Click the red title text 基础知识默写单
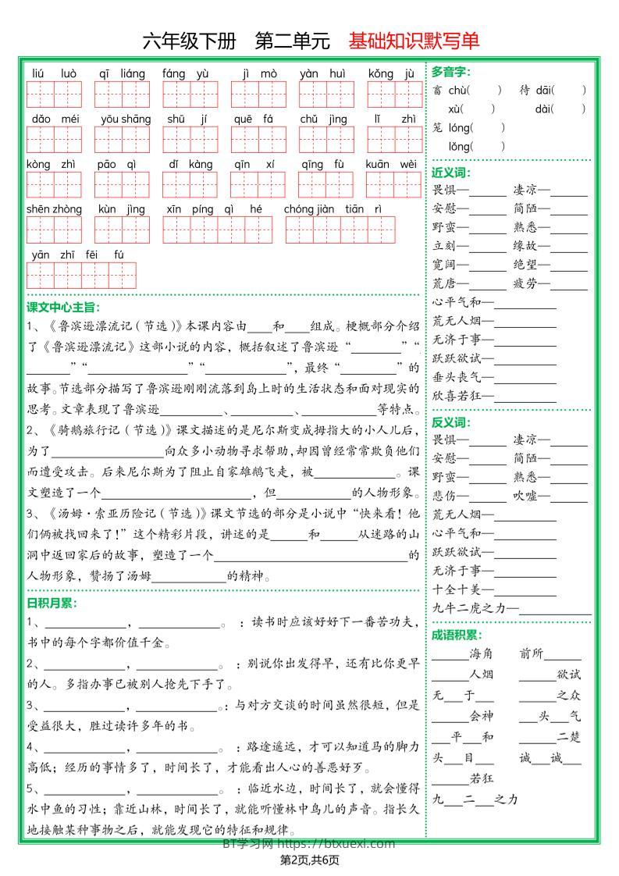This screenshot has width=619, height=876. pyautogui.click(x=414, y=41)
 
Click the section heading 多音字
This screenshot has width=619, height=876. pyautogui.click(x=450, y=72)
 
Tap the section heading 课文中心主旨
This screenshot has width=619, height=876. pyautogui.click(x=63, y=307)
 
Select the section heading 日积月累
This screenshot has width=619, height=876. pyautogui.click(x=52, y=604)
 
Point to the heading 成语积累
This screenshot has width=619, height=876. pyautogui.click(x=457, y=636)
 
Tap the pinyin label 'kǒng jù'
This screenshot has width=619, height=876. pyautogui.click(x=393, y=74)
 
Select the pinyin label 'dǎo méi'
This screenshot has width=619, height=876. pyautogui.click(x=55, y=119)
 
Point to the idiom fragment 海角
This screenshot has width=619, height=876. pyautogui.click(x=482, y=653)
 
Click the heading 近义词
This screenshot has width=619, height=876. pyautogui.click(x=450, y=173)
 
